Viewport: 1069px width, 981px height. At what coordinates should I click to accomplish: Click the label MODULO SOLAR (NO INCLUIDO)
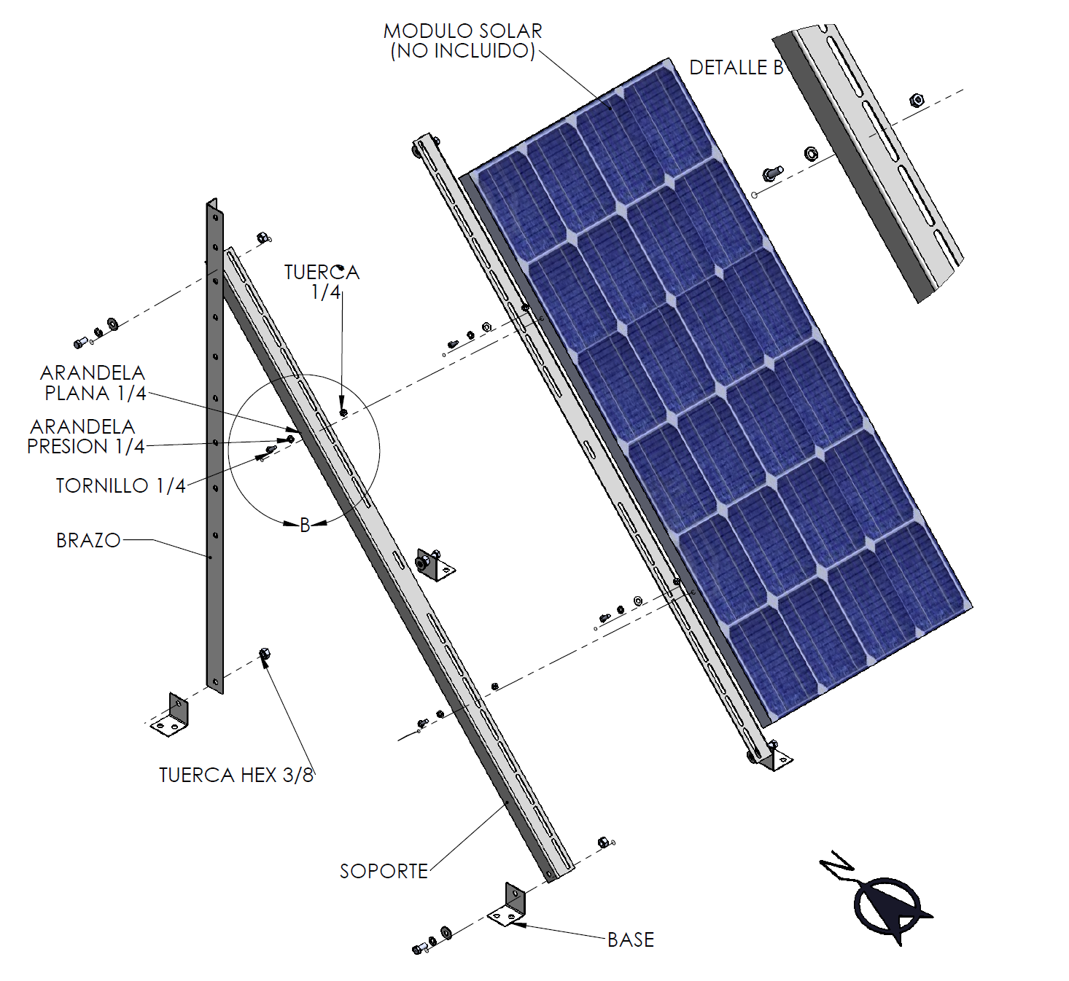pos(462,41)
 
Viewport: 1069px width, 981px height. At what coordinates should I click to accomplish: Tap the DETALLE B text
pos(736,68)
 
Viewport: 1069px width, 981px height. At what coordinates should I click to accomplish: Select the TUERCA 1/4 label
pos(322,282)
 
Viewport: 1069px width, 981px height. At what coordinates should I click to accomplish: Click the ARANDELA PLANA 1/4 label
pos(93,383)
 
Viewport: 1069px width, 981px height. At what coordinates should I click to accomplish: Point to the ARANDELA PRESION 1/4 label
pos(86,437)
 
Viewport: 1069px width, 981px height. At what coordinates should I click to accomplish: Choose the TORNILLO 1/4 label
pos(120,485)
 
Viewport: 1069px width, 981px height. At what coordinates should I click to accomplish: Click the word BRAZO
pos(88,540)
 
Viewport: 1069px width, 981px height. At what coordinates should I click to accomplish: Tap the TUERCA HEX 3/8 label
pos(236,775)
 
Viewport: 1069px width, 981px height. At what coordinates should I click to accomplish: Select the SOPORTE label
pos(384,871)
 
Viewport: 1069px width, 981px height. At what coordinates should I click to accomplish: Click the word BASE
pos(631,940)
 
